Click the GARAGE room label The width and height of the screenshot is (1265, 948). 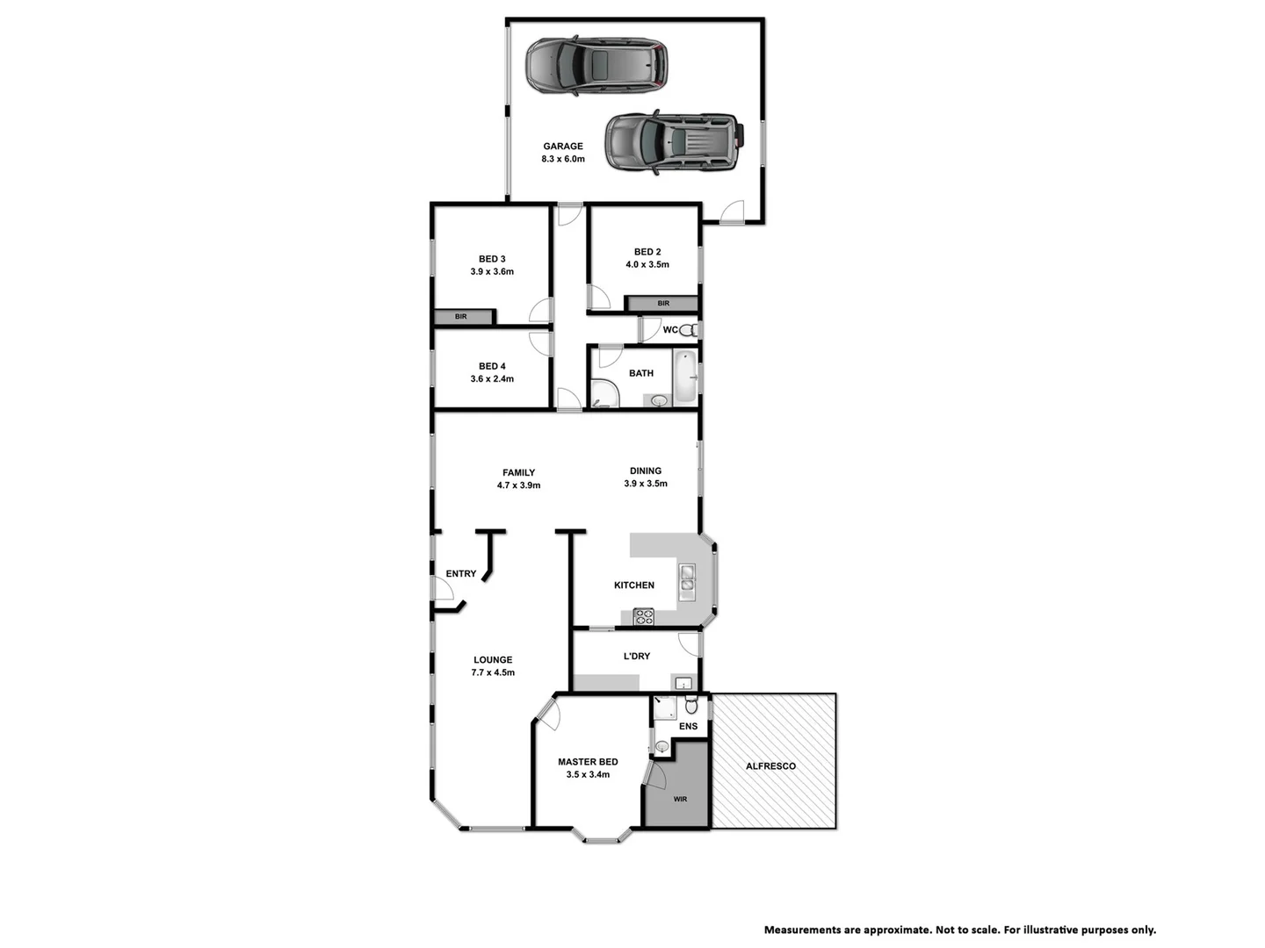pos(562,147)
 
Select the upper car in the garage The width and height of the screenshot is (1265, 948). pos(596,65)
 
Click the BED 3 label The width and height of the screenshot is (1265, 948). pos(492,259)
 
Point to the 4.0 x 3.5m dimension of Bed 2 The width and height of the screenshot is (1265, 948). pos(647,264)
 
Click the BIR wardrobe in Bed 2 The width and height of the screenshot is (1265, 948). pos(662,304)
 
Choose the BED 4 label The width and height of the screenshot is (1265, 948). pos(492,366)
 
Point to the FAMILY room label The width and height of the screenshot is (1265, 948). pos(518,472)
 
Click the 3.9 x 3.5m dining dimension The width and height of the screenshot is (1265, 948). pos(646,484)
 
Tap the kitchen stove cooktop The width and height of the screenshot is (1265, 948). pos(643,617)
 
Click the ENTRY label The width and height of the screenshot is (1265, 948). pos(460,574)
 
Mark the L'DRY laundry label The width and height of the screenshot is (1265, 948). pos(636,656)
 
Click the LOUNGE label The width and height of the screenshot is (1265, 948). pos(493,660)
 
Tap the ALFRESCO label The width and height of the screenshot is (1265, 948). pos(770,766)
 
